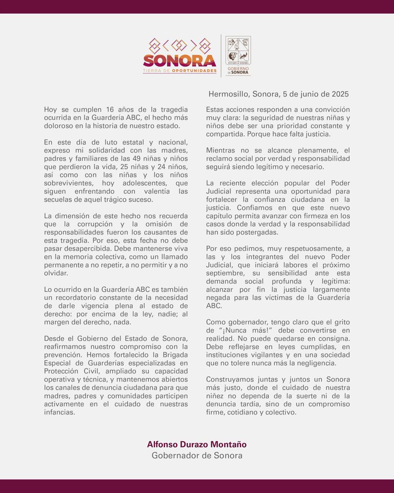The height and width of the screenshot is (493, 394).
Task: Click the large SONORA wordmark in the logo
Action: click(179, 61)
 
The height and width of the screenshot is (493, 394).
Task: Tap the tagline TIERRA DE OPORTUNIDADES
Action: click(179, 71)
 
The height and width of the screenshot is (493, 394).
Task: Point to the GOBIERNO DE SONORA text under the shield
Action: click(238, 70)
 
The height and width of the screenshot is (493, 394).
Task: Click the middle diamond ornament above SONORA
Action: click(179, 45)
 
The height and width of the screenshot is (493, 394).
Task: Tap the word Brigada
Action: click(174, 355)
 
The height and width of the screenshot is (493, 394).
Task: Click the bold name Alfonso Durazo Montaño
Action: click(197, 444)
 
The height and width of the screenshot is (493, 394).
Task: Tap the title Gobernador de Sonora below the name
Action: click(197, 456)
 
